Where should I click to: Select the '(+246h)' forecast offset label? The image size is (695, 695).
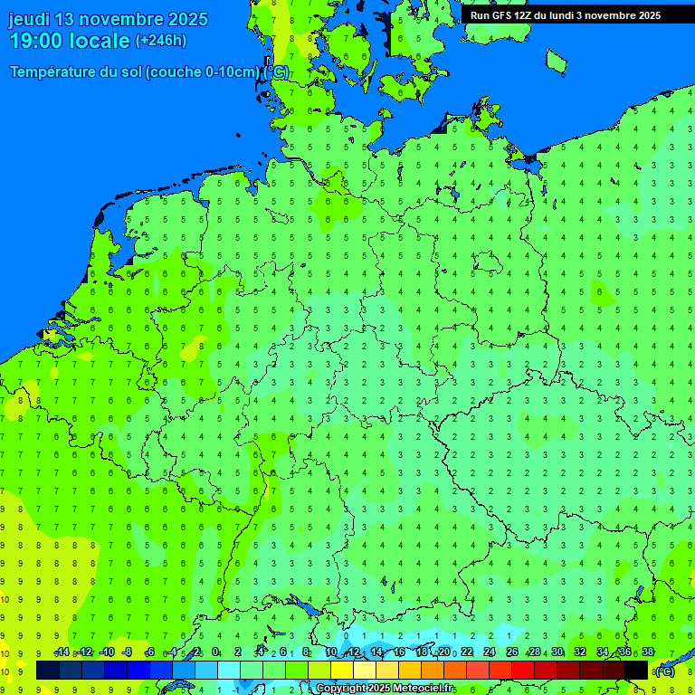click(161, 41)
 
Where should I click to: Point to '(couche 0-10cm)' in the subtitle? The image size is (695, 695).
click(203, 72)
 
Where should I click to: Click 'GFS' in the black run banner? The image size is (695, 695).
click(500, 15)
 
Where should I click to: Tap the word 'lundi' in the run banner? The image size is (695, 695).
click(557, 15)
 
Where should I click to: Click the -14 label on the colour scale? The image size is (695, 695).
click(62, 652)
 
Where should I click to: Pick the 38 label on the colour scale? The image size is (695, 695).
click(647, 652)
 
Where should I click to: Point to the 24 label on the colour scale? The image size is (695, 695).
click(489, 652)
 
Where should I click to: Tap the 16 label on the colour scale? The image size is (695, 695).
click(398, 652)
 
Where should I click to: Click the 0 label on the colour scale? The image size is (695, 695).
click(215, 652)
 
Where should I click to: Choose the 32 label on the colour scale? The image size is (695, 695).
click(579, 652)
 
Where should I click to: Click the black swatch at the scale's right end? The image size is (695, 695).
click(636, 670)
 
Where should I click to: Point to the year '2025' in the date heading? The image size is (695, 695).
click(188, 19)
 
